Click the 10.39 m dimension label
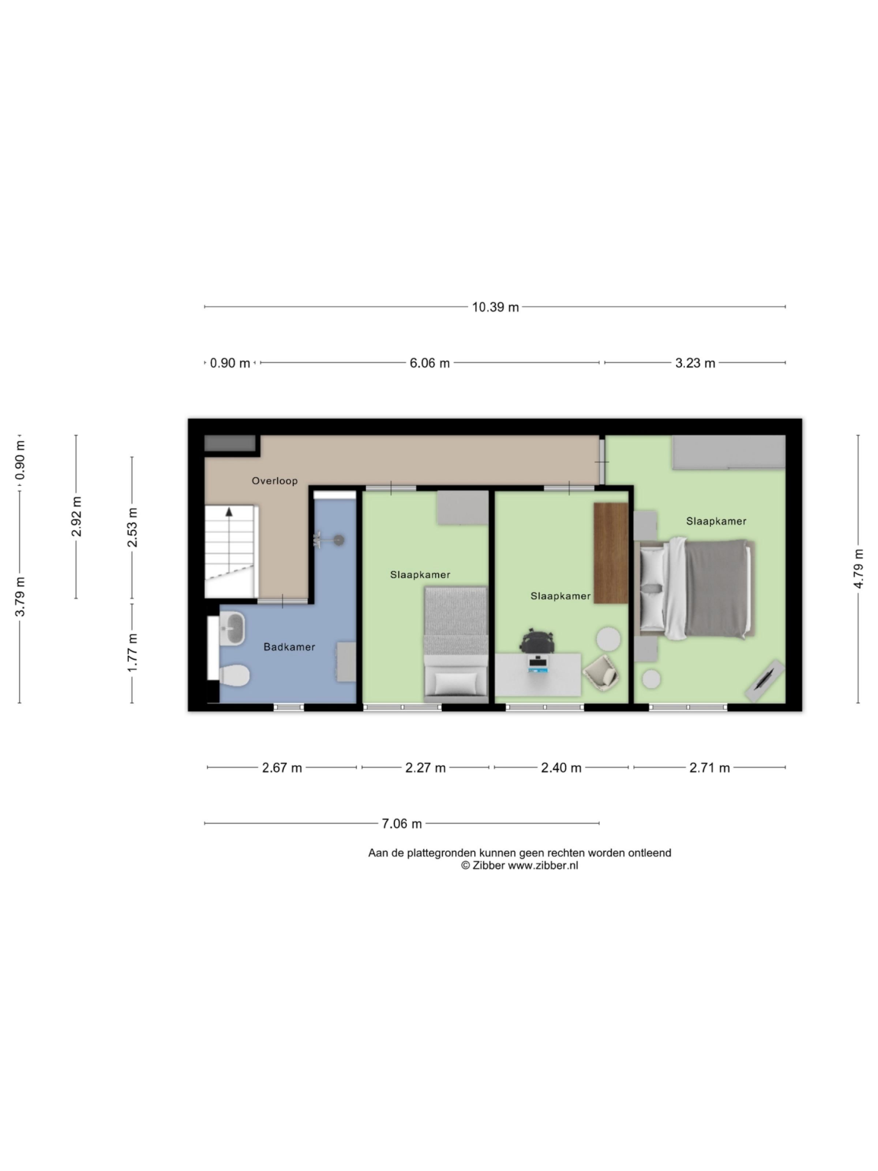click(x=495, y=307)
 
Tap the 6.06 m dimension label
click(x=429, y=363)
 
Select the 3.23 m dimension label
click(x=695, y=363)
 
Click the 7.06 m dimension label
click(x=402, y=824)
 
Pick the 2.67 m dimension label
click(x=282, y=768)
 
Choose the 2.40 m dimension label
click(x=561, y=768)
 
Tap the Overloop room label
click(x=274, y=481)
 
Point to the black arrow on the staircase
click(x=229, y=512)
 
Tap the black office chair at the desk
click(x=537, y=641)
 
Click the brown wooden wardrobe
click(x=610, y=552)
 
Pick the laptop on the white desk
click(x=538, y=664)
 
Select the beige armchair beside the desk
click(x=602, y=673)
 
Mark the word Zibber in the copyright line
click(x=487, y=865)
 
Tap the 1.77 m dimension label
click(x=132, y=653)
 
